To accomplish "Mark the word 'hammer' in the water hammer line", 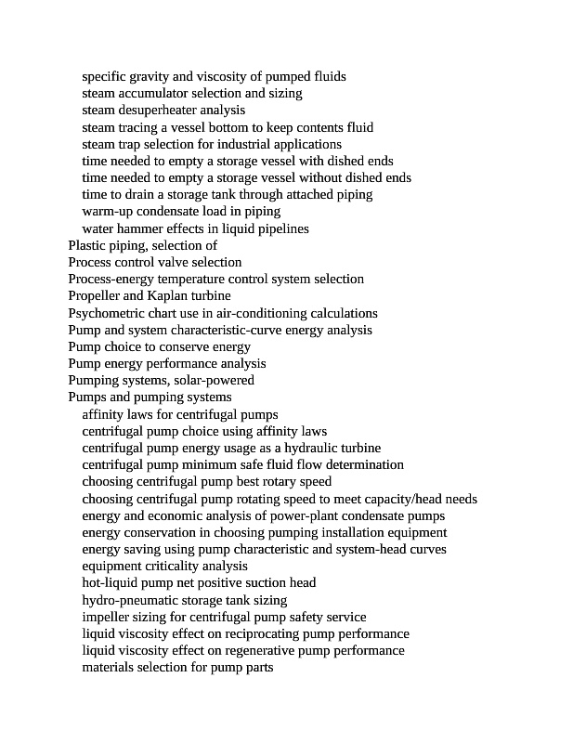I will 141,228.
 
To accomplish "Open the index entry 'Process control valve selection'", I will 155,262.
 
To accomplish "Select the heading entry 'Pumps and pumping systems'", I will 150,398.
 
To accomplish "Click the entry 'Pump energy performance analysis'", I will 167,363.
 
